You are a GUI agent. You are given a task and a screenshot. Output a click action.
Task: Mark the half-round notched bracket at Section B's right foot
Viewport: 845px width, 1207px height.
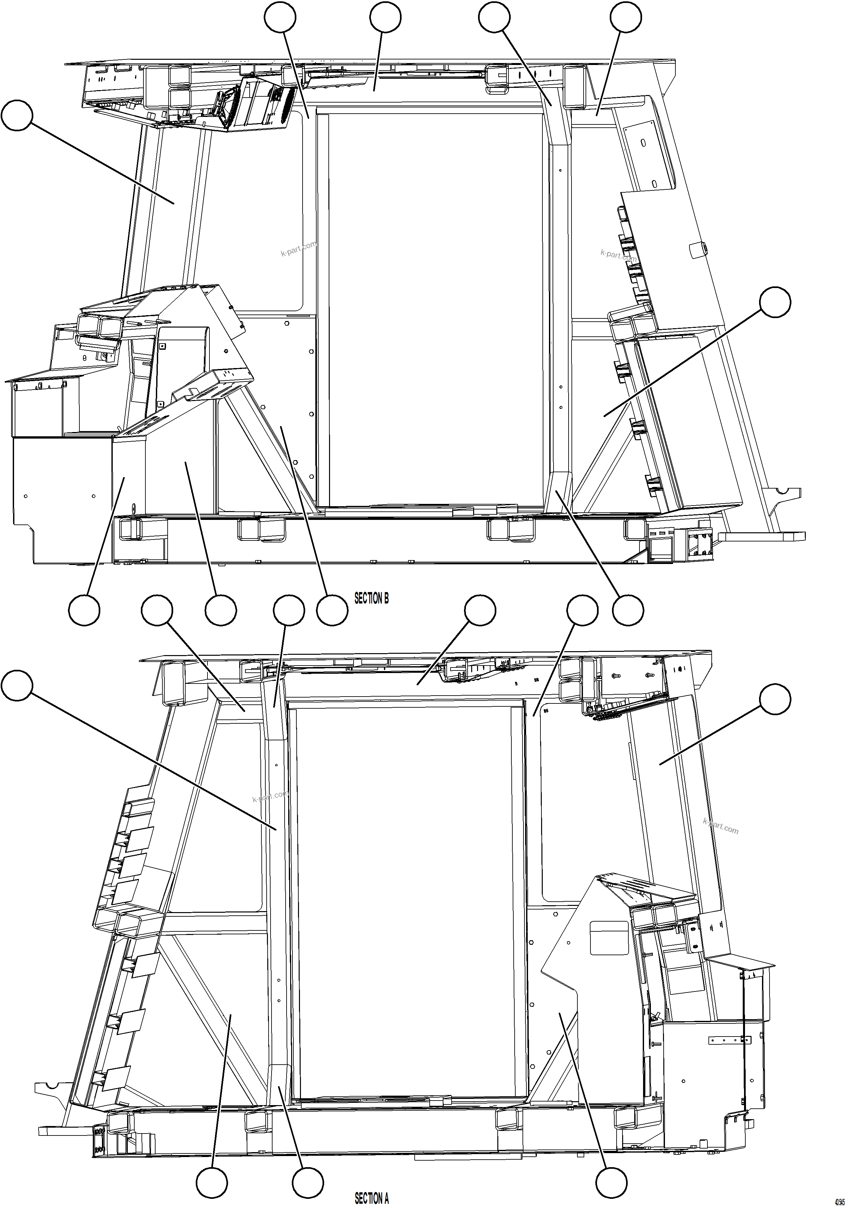784,493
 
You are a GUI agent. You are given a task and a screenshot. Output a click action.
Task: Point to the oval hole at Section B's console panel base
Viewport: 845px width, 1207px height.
133,508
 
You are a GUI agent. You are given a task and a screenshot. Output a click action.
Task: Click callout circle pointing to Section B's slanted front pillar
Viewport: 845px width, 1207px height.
17,116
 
